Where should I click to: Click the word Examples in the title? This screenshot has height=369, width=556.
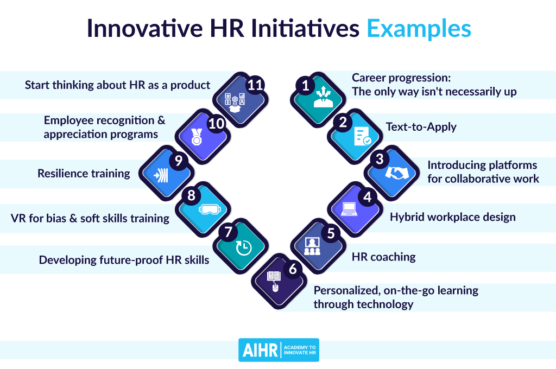(419, 28)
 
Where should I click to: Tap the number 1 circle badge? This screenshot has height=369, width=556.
(306, 85)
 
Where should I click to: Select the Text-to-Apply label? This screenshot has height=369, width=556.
(421, 127)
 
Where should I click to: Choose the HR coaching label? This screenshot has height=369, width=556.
(384, 257)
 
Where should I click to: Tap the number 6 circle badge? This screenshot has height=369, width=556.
(292, 268)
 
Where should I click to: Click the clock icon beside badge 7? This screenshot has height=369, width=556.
(244, 247)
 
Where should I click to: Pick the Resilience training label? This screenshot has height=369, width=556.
(84, 174)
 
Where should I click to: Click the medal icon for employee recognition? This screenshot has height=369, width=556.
(197, 137)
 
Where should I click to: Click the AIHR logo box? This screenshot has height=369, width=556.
(279, 350)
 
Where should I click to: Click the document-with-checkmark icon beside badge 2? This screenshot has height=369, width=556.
(362, 136)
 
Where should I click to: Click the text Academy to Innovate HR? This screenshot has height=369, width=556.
(300, 350)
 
